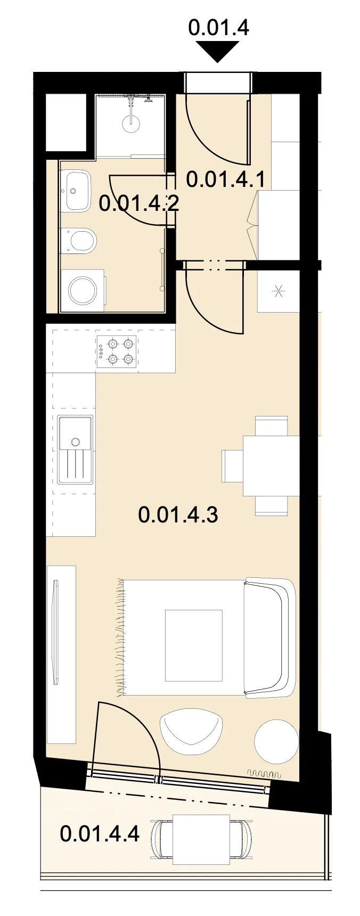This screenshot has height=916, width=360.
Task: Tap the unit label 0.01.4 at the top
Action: (219, 27)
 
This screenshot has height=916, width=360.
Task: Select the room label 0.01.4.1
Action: (226, 179)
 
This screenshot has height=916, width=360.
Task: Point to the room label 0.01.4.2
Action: (138, 203)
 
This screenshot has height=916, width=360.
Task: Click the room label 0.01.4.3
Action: (178, 515)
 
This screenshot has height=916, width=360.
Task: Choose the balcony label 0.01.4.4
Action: (100, 833)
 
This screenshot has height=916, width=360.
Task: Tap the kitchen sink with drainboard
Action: (75, 449)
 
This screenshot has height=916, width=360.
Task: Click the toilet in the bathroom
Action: (78, 241)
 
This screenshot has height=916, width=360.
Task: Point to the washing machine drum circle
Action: (83, 290)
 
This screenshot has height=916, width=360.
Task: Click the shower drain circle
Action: (131, 124)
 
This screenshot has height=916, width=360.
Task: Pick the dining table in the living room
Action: (272, 466)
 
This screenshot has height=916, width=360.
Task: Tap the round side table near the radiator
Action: (276, 742)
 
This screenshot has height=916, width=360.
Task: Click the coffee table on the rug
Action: (193, 645)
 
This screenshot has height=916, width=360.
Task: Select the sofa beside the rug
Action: (269, 637)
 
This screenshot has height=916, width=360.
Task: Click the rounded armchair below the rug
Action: (191, 731)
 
